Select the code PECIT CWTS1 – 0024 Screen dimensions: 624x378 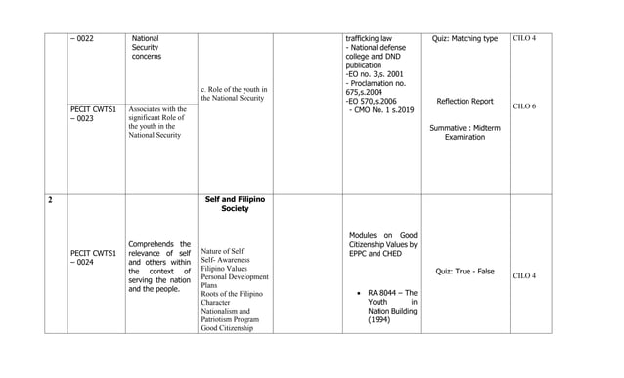[x=94, y=258]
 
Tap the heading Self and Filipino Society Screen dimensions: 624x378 [x=235, y=204]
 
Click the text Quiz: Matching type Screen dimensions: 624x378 [x=465, y=39]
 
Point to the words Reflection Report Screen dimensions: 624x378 [x=465, y=101]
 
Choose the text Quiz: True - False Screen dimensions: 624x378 [x=465, y=271]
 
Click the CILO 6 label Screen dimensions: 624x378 [x=523, y=105]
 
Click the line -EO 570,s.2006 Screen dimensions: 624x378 [x=371, y=101]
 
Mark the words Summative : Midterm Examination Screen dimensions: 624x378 [x=465, y=133]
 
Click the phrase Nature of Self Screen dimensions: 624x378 [x=222, y=251]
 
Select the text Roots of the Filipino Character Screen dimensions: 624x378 [x=231, y=298]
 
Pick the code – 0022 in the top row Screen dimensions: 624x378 [x=82, y=39]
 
